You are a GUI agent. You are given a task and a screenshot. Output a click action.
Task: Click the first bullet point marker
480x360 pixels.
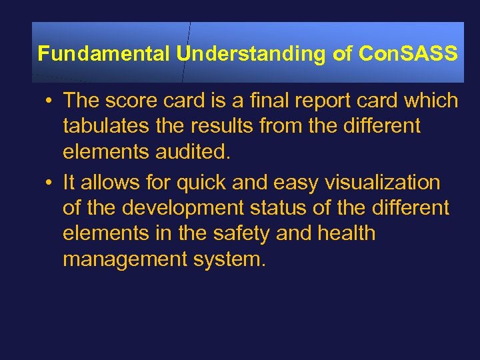51,101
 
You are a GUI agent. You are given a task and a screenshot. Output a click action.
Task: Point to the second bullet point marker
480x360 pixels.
51,183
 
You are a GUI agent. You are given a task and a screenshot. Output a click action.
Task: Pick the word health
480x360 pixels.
347,234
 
